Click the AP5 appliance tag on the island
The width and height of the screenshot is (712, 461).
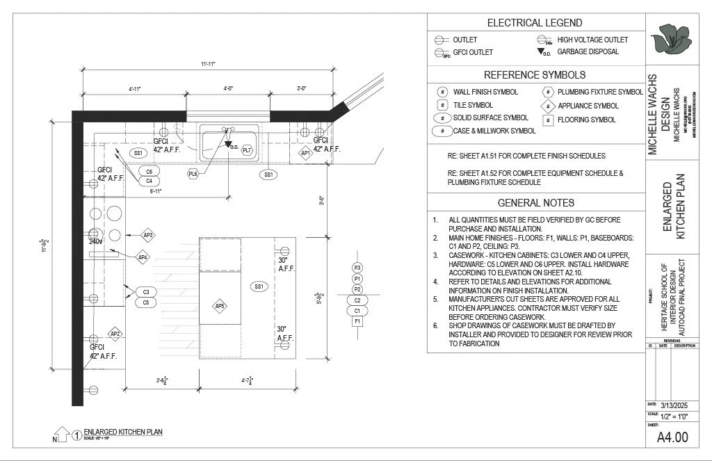(x=220, y=306)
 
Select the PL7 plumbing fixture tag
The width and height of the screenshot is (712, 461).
(x=247, y=151)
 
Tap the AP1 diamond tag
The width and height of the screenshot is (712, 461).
(x=305, y=153)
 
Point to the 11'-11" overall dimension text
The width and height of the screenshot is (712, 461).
(x=209, y=64)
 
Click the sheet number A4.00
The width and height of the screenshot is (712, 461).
(x=672, y=437)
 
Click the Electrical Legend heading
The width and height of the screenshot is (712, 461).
(x=535, y=23)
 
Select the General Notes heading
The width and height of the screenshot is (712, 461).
(x=535, y=203)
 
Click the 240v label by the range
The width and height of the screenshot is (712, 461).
(x=95, y=241)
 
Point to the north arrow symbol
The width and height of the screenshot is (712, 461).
(x=61, y=435)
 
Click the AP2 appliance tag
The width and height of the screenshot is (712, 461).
(x=115, y=334)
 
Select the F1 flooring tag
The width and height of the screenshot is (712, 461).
(x=357, y=322)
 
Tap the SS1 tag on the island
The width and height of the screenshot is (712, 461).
(x=259, y=286)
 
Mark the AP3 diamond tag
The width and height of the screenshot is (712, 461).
(x=147, y=235)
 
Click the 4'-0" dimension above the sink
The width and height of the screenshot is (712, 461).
(x=228, y=89)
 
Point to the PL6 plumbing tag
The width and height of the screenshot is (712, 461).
(x=193, y=174)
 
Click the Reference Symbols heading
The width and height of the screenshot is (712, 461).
(x=535, y=75)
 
